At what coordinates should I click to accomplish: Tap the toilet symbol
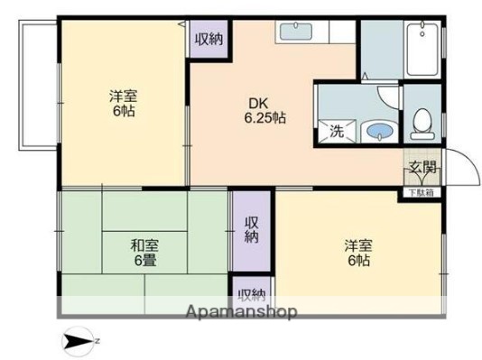point(422,123)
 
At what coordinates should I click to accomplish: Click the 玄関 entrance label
point(422,167)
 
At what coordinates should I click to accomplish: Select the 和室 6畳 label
point(143,252)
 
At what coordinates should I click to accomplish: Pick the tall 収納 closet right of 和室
point(252,231)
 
